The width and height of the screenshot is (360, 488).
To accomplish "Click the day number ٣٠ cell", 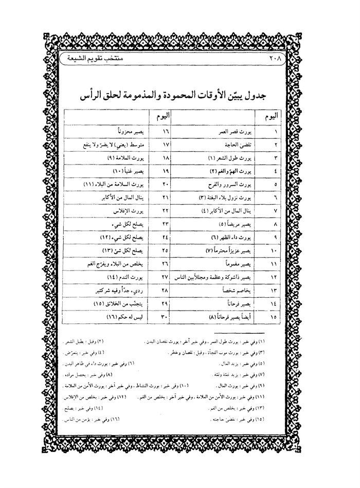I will click(159, 317).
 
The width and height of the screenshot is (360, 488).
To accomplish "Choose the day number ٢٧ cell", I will click(159, 277).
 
